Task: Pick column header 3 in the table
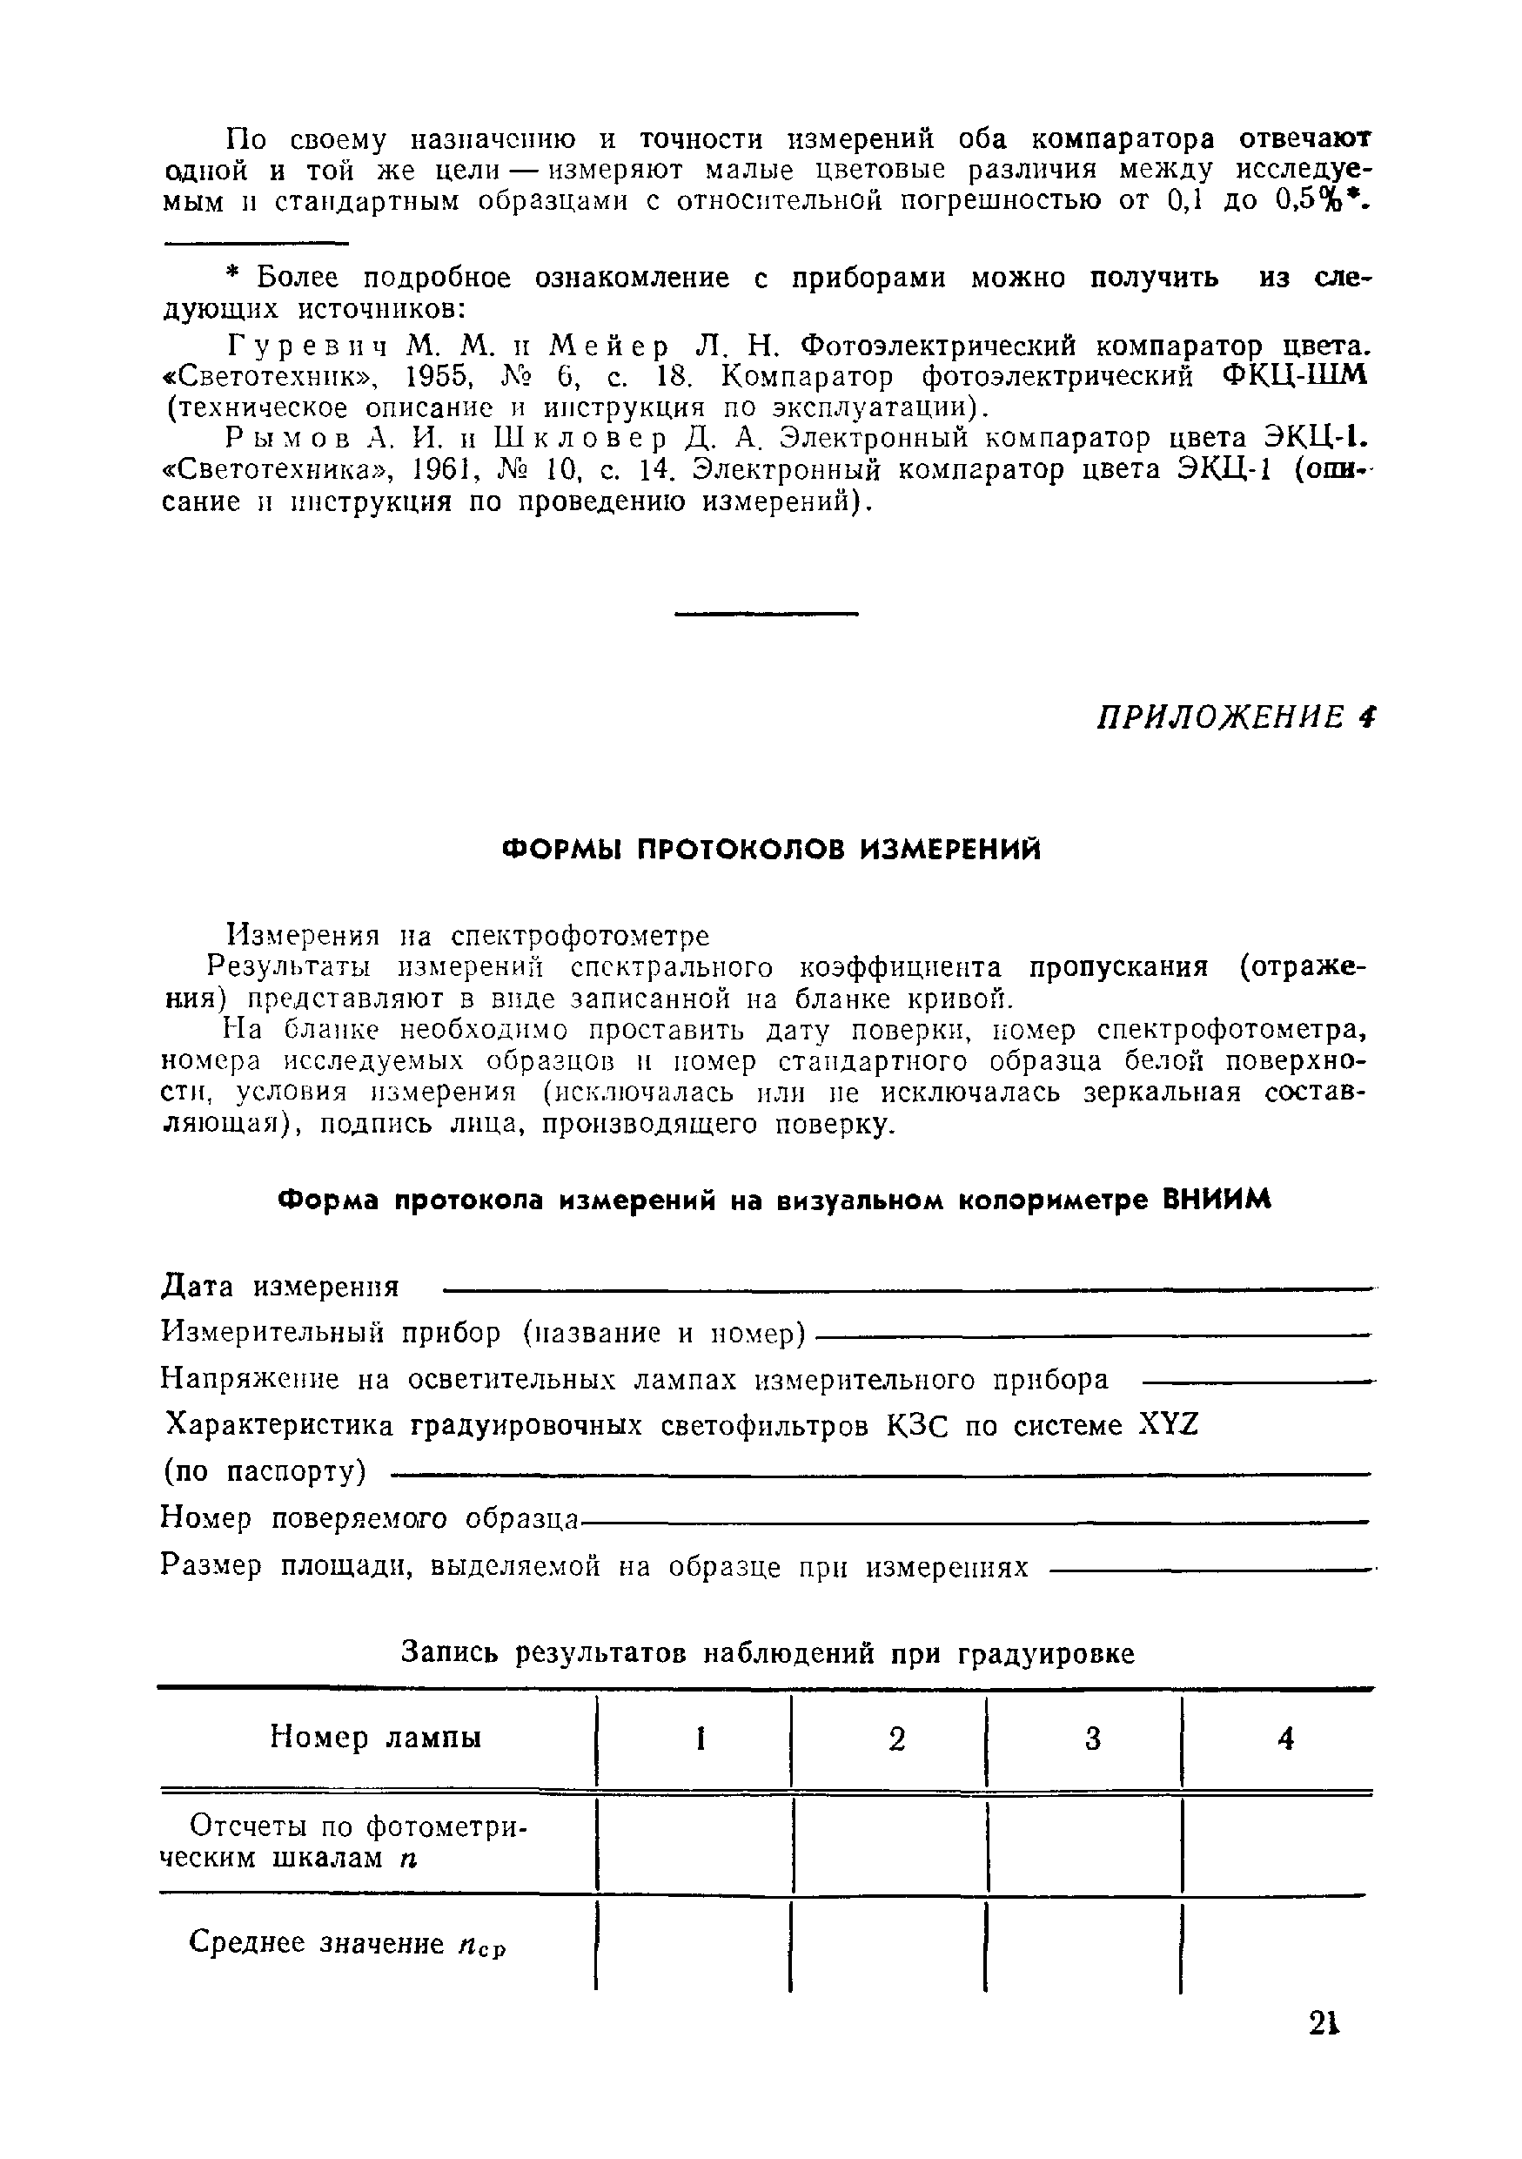(1092, 1739)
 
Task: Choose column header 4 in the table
(1286, 1739)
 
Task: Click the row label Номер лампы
(376, 1738)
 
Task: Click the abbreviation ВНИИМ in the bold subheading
(1217, 1201)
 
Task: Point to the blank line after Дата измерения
(902, 1288)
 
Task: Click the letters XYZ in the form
(1169, 1427)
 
